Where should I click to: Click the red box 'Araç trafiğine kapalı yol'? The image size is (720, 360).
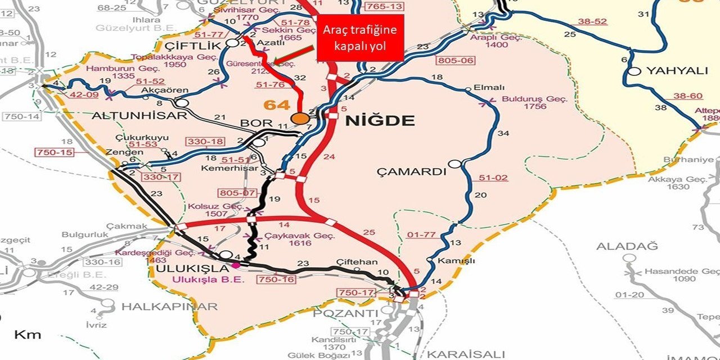pyautogui.click(x=360, y=38)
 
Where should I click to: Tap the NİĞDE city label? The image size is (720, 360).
pyautogui.click(x=380, y=120)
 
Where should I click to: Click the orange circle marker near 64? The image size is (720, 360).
pyautogui.click(x=300, y=118)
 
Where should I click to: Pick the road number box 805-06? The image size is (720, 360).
pyautogui.click(x=457, y=60)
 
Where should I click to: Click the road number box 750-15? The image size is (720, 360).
pyautogui.click(x=55, y=152)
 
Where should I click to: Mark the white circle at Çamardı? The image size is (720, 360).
pyautogui.click(x=455, y=164)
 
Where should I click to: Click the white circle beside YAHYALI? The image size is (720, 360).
pyautogui.click(x=635, y=71)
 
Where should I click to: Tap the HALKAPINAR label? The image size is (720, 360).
pyautogui.click(x=169, y=307)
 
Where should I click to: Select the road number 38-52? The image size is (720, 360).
pyautogui.click(x=593, y=21)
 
